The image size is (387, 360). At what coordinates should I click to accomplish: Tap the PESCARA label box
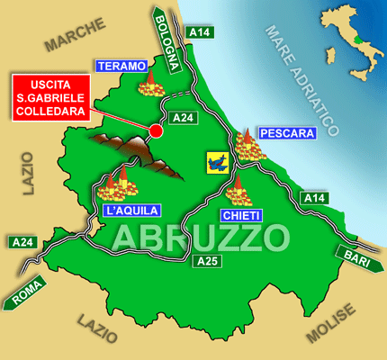287,133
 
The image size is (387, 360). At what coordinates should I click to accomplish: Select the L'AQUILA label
132,211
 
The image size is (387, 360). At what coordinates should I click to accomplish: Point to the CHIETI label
240,216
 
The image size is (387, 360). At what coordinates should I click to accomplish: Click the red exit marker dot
156,131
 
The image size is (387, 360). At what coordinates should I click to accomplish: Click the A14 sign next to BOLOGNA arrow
200,33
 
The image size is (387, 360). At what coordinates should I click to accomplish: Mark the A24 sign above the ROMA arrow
22,242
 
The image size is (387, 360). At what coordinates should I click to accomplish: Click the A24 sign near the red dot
184,117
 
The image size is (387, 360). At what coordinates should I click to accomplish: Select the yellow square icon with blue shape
217,162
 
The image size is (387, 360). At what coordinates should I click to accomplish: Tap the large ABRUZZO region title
202,238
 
